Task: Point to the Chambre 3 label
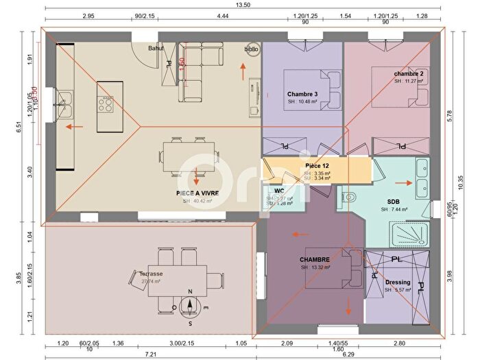[302, 94]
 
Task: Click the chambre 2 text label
[409, 73]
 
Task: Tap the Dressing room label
[398, 282]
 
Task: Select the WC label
[279, 191]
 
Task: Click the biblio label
[252, 49]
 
